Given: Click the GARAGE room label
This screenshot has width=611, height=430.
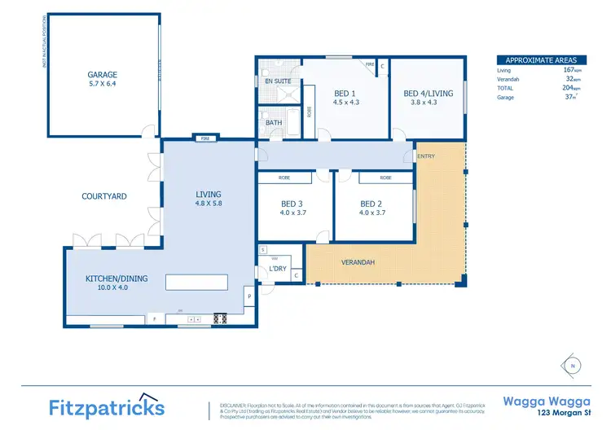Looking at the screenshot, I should pyautogui.click(x=103, y=74).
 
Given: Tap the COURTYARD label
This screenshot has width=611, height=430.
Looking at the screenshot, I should pyautogui.click(x=104, y=196).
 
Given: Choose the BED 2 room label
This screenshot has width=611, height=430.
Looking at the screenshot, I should pyautogui.click(x=371, y=204).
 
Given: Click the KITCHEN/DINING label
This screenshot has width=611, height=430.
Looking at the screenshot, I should pyautogui.click(x=116, y=279).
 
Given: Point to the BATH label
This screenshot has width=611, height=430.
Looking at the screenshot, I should pyautogui.click(x=274, y=123).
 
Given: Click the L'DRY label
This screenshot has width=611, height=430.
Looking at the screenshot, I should pyautogui.click(x=276, y=270).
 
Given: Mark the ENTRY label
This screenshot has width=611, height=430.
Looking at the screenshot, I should pyautogui.click(x=425, y=156).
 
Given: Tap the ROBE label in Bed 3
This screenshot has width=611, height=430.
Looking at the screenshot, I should pyautogui.click(x=284, y=177).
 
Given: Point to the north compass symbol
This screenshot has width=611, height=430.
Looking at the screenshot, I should pyautogui.click(x=573, y=365).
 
